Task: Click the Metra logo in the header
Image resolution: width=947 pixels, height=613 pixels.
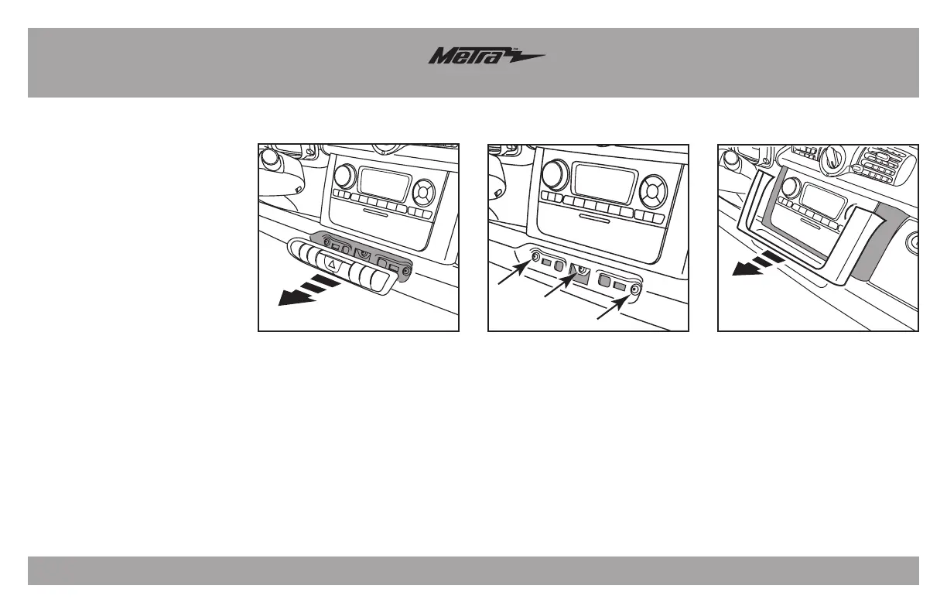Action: pos(487,57)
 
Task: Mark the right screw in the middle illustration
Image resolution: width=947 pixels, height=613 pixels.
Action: pos(635,289)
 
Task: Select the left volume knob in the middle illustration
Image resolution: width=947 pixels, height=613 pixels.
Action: pos(554,173)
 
